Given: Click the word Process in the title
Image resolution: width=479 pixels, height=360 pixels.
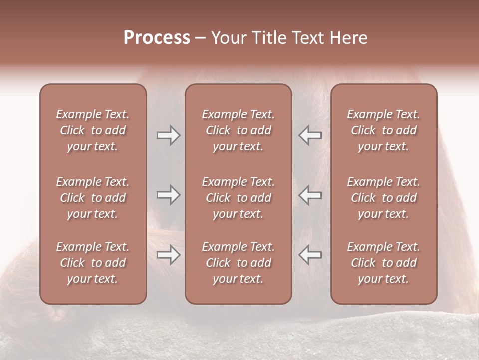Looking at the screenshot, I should [157, 38].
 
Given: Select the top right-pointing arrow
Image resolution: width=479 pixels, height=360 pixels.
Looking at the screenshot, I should [168, 135].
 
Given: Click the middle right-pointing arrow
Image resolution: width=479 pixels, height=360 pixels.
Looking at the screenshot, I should [168, 195].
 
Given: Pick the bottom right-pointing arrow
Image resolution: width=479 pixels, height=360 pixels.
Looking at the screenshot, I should [168, 255].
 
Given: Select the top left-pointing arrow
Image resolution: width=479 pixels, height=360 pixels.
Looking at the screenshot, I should [310, 135].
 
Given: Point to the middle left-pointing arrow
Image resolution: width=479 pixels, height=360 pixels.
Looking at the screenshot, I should [310, 195].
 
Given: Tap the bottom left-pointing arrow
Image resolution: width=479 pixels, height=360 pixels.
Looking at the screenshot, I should [310, 255].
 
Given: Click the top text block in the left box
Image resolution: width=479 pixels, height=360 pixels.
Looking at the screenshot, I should [93, 130].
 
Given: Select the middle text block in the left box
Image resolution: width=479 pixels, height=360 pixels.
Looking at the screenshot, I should [93, 198].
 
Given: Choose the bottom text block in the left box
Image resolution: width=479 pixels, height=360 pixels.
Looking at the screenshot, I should [93, 263].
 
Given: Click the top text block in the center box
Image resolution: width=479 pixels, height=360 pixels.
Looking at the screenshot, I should [239, 130].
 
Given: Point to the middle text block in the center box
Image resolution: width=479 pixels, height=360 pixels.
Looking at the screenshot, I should [239, 198].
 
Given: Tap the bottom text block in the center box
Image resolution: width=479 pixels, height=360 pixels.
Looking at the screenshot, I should [239, 263].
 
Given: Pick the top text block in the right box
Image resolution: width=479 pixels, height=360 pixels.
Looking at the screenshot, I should [384, 130].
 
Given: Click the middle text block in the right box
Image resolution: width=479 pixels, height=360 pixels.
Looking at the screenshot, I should [384, 198].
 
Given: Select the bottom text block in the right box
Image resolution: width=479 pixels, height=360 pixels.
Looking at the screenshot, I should [384, 263].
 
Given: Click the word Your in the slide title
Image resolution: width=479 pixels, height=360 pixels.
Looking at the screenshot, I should [229, 38].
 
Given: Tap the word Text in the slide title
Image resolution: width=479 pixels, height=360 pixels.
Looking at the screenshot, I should [306, 38].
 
